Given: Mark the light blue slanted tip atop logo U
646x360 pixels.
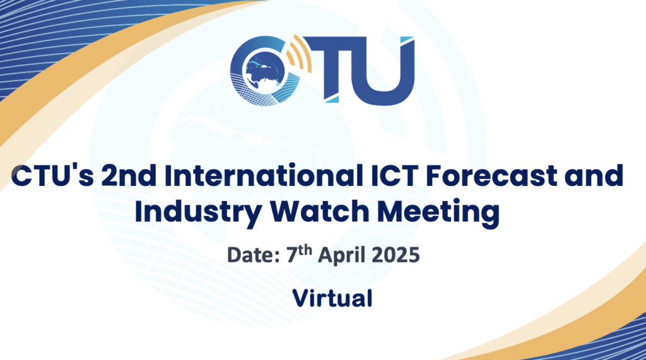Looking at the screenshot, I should [x=408, y=41].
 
